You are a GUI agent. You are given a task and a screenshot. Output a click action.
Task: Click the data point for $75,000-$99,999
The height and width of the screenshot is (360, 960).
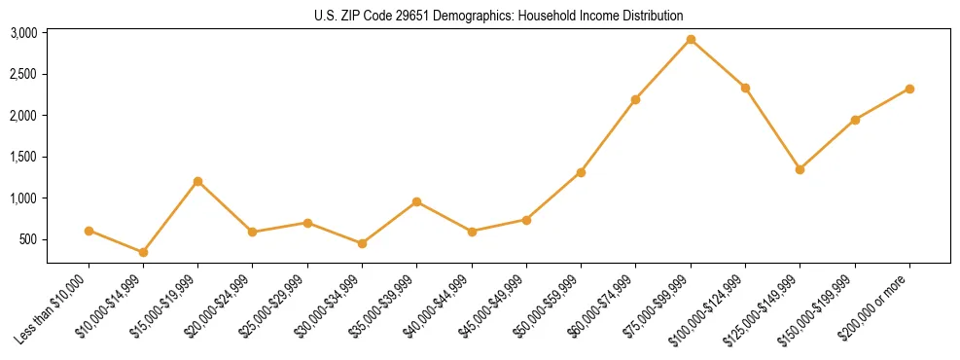point(691,40)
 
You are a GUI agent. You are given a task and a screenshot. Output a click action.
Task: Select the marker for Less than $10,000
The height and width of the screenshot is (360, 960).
point(89,231)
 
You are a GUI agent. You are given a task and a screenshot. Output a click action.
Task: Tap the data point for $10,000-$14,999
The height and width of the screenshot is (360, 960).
point(143,252)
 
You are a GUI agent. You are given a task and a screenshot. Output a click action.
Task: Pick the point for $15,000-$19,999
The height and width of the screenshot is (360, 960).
point(197,181)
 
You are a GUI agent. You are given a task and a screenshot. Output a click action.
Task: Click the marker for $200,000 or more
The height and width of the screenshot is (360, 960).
point(909,89)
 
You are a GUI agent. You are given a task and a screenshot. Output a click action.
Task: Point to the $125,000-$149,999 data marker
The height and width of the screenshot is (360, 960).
point(800,169)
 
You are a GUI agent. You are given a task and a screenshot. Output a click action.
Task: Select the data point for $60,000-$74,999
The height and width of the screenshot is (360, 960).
point(635,99)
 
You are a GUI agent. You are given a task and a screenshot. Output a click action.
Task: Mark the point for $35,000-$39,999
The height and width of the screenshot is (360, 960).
point(416,201)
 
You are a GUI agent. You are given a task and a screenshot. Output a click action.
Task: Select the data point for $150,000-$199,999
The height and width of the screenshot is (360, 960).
point(855,120)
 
